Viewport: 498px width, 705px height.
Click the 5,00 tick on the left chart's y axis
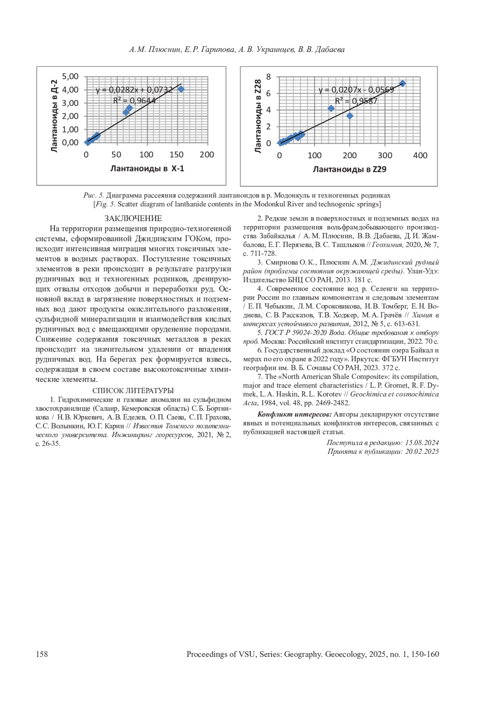[x=70, y=76]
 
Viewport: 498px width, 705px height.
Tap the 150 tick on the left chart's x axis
[x=177, y=155]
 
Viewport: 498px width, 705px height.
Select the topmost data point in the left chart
[x=181, y=89]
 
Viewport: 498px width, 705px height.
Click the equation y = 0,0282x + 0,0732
[x=134, y=90]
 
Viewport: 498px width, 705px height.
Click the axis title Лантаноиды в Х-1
[x=147, y=168]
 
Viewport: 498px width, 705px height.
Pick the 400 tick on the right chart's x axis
[x=420, y=156]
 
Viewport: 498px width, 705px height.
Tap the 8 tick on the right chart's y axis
[x=269, y=77]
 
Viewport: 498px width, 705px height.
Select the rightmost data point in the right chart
[x=402, y=83]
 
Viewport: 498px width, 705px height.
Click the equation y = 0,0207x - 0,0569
[x=356, y=90]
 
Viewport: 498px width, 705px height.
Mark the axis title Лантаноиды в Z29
[x=349, y=169]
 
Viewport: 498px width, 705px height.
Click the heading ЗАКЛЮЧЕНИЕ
[x=133, y=218]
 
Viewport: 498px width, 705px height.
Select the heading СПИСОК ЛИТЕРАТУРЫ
[x=133, y=391]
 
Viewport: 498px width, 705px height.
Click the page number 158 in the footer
[x=42, y=654]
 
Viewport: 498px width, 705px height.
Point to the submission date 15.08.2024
[x=422, y=443]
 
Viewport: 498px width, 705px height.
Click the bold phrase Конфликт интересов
[x=294, y=414]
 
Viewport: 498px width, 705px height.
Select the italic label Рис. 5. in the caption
[x=94, y=195]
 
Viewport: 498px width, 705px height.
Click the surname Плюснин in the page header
[x=165, y=50]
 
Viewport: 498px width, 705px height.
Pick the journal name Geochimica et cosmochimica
[x=394, y=394]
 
